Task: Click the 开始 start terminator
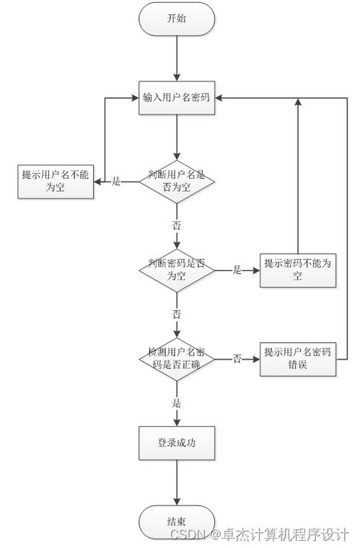point(177,19)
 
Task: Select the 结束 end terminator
point(177,521)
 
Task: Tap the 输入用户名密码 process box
point(177,98)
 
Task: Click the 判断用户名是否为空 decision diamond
point(177,182)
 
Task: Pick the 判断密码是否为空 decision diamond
point(177,270)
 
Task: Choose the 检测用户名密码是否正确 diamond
point(177,358)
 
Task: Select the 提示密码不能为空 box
point(297,270)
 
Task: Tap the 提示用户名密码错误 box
point(297,358)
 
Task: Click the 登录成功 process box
point(177,443)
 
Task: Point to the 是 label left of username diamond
point(117,182)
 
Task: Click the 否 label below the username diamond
point(177,225)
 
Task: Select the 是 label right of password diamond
point(237,270)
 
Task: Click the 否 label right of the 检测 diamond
point(237,358)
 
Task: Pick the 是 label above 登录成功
point(177,403)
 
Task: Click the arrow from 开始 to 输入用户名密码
point(177,58)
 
